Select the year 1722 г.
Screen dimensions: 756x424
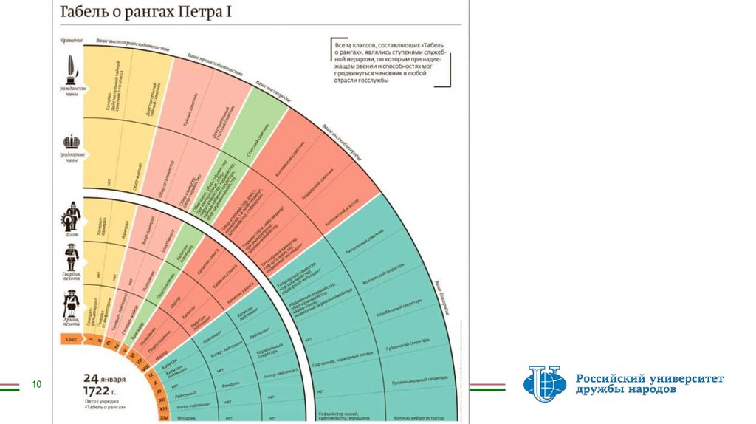tap(100, 389)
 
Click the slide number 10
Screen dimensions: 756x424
tap(35, 385)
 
